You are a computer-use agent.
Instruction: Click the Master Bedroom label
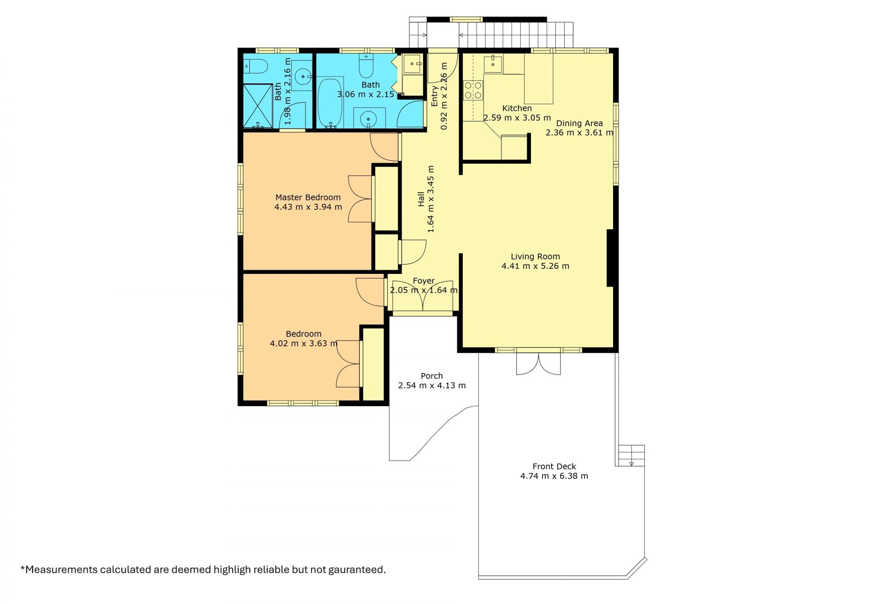point(308,197)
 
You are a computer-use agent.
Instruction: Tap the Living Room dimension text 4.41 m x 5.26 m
point(535,266)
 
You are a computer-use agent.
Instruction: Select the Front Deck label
point(554,467)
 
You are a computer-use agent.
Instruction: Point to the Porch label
point(432,376)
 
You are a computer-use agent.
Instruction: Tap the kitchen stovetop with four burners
point(473,90)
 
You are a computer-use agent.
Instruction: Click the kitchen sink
point(493,63)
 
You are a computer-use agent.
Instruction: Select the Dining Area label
point(579,123)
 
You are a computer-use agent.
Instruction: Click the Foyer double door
point(424,296)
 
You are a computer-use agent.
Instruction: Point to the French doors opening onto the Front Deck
point(538,364)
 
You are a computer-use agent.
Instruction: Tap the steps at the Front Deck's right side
point(631,456)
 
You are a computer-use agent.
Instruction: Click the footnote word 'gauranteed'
point(357,569)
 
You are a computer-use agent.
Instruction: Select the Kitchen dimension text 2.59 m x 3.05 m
point(517,118)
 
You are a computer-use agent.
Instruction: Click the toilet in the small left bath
point(256,66)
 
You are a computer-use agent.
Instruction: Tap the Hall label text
point(421,199)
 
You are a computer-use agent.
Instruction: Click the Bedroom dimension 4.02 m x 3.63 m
point(304,343)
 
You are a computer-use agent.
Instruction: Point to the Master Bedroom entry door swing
point(384,147)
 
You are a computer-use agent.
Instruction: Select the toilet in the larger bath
point(366,66)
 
